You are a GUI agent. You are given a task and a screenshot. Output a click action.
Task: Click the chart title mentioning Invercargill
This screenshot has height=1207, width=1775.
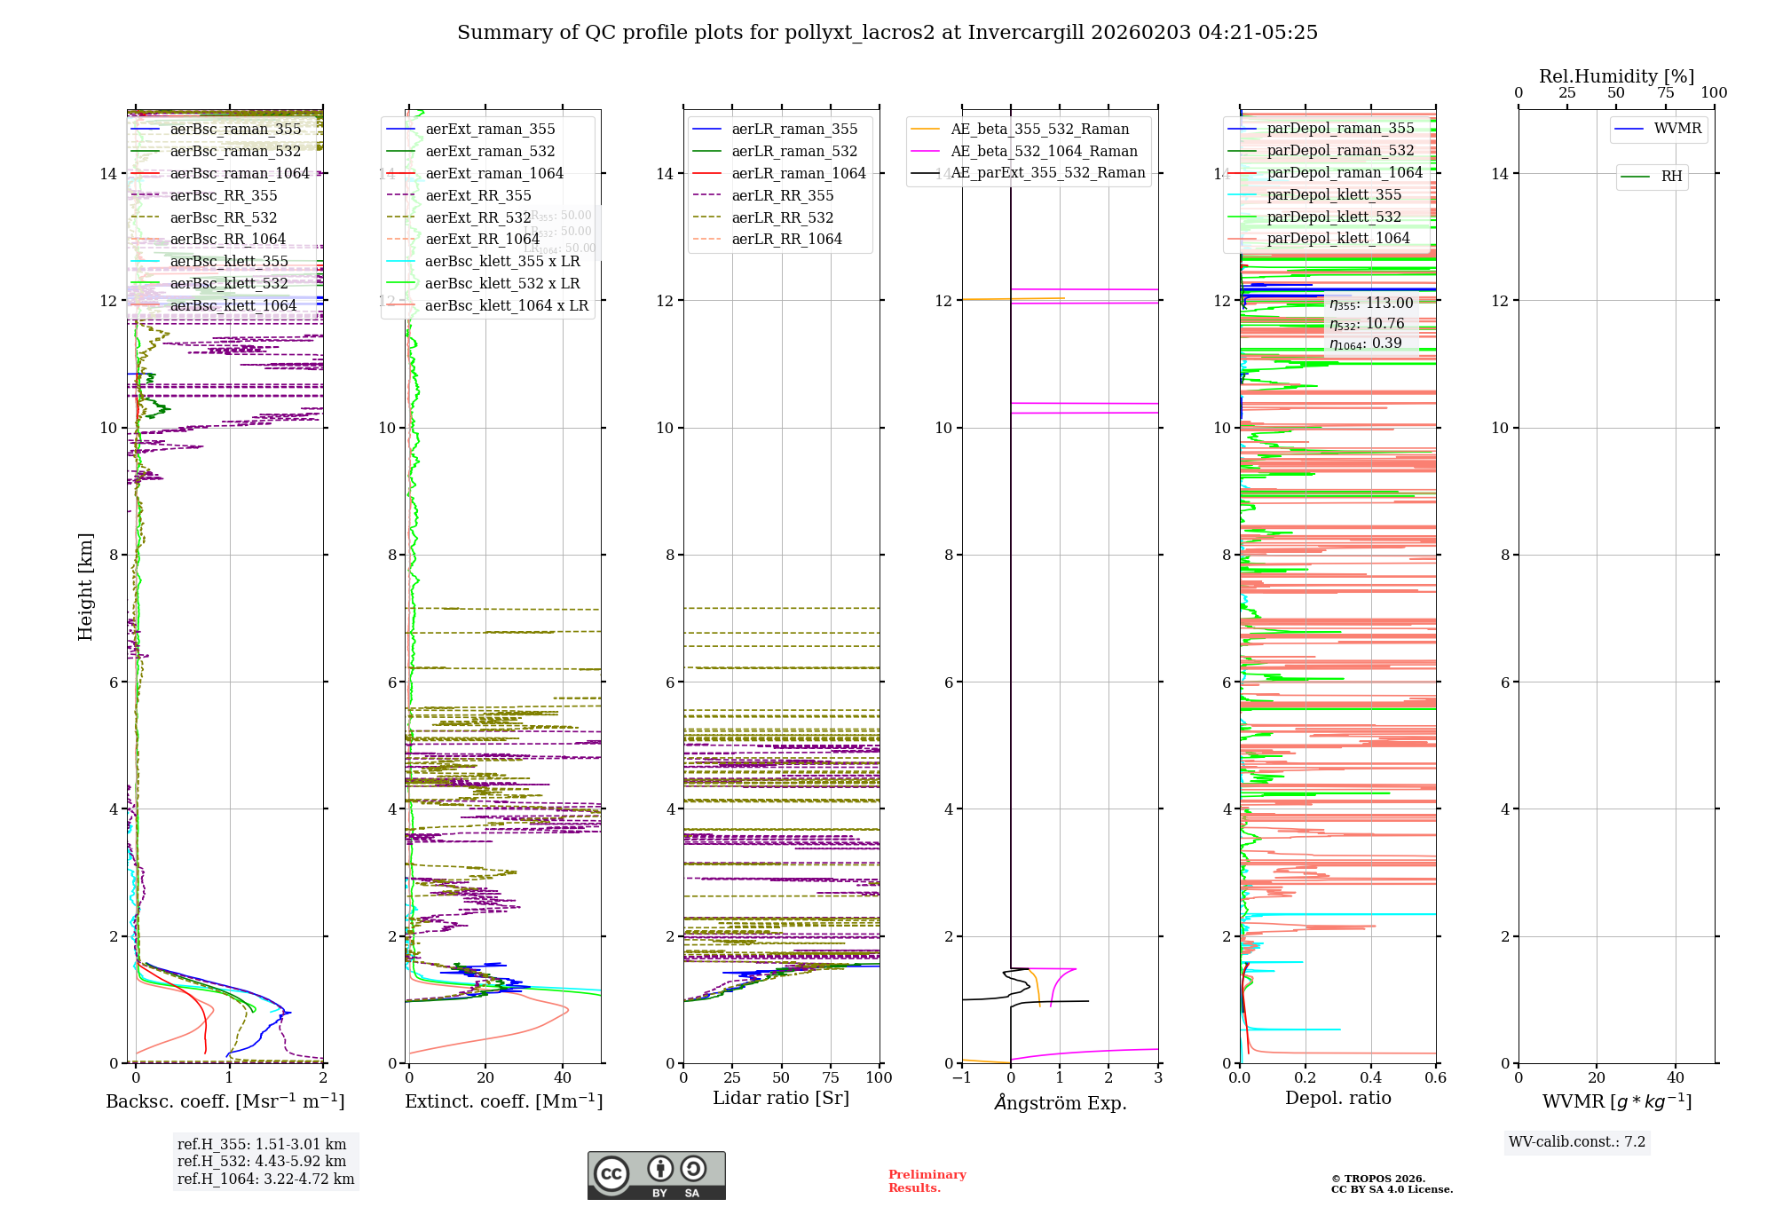coord(887,33)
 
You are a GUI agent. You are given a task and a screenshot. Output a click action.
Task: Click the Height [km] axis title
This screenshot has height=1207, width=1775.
coord(85,586)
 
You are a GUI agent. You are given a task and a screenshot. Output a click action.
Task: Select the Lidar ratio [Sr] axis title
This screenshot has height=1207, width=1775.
coord(781,1098)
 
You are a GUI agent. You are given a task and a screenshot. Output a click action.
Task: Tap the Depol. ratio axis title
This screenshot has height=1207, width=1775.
coord(1337,1098)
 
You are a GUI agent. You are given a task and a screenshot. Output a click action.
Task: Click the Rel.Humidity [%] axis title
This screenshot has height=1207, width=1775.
coord(1616,76)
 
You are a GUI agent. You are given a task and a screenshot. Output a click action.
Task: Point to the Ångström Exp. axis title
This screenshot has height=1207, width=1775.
coord(1060,1102)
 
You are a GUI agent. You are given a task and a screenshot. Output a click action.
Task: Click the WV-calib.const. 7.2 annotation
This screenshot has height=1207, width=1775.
coord(1577,1141)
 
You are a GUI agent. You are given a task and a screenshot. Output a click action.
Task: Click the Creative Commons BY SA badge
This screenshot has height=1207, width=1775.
coord(656,1175)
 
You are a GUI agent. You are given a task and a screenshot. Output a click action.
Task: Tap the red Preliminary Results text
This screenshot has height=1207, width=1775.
coord(927,1180)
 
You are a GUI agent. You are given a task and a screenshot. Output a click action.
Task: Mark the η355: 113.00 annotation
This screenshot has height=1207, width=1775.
coord(1371,304)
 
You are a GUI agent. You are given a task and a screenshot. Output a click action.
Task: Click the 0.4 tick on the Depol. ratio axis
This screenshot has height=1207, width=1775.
coord(1370,1077)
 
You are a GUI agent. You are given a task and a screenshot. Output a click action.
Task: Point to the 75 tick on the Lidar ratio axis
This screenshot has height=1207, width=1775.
coord(831,1077)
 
